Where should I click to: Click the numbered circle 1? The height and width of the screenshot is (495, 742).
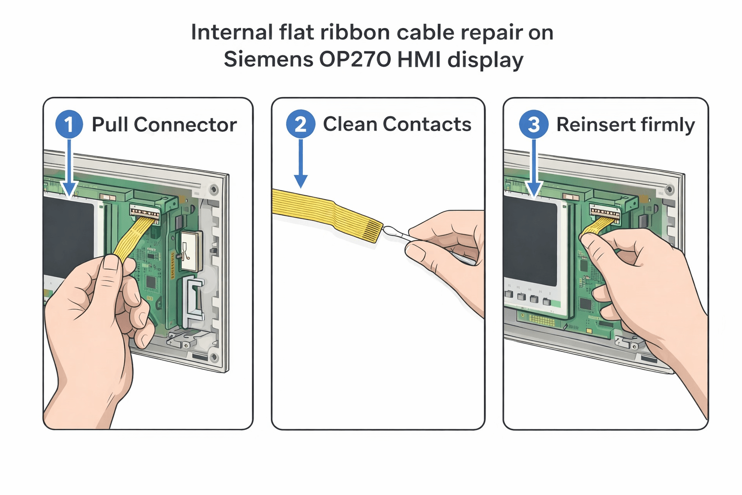pos(69,124)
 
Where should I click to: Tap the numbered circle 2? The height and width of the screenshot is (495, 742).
pos(300,124)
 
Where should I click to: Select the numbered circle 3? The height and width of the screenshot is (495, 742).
pos(533,124)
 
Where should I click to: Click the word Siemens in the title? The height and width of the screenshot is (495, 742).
pos(268,59)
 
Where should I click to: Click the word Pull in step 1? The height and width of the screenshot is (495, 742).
pos(110,125)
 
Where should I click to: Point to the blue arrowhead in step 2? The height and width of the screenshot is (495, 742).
pos(300,181)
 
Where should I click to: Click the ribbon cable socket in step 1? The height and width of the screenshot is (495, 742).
pos(144,211)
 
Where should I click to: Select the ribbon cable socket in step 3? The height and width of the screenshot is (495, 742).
pos(605,211)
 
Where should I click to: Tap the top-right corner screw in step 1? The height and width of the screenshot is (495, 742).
pos(214,189)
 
